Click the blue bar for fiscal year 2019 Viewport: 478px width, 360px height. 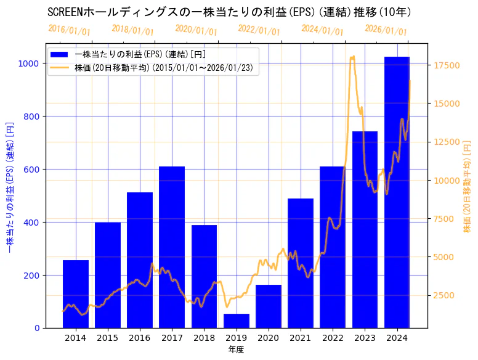(237, 321)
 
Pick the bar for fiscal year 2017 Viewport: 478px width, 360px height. (172, 247)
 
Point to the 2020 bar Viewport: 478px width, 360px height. (269, 306)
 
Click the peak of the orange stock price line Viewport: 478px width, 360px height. (353, 57)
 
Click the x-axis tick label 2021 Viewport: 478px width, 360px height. (301, 338)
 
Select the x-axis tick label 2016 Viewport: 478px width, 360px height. (140, 338)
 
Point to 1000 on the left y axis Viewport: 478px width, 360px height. (29, 63)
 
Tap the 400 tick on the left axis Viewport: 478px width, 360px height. (31, 222)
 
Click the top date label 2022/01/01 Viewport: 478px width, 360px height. (259, 30)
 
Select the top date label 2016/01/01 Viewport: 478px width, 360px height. (69, 30)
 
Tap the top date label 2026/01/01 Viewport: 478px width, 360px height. (386, 30)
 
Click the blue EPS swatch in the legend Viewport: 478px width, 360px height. (61, 55)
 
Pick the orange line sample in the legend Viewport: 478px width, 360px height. (61, 68)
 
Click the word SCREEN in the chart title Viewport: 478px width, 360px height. (67, 12)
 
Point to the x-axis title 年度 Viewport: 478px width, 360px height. (236, 350)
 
